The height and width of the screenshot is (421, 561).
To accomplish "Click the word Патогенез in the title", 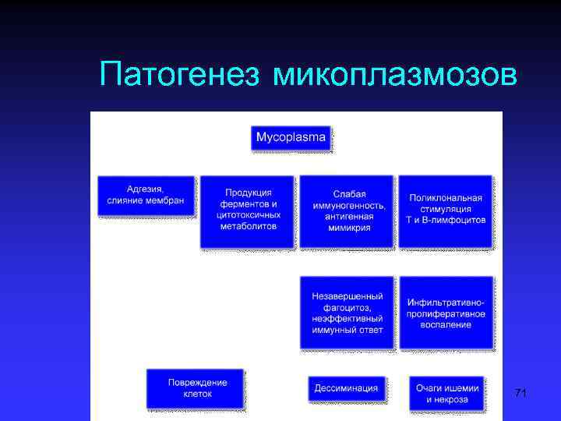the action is (182, 76).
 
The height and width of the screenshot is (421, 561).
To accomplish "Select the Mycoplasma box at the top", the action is (291, 137).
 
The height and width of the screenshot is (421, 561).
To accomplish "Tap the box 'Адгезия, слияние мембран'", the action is (146, 195).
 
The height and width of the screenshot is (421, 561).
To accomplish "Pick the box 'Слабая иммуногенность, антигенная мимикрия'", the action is (348, 210).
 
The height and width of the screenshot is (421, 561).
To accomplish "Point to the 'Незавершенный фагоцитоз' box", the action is (348, 312).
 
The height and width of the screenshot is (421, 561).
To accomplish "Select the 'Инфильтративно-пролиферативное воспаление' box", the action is (446, 312).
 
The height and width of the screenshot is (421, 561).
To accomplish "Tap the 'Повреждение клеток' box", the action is (196, 387).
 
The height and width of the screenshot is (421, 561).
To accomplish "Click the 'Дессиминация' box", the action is (347, 387).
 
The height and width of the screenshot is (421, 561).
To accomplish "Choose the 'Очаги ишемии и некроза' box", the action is (446, 394).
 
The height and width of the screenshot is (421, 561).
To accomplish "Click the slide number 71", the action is (520, 394).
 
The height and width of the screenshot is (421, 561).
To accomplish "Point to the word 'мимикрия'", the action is (348, 228).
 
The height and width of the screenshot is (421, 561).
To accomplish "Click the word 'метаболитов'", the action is (248, 225).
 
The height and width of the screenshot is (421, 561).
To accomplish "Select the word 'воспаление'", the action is (446, 324).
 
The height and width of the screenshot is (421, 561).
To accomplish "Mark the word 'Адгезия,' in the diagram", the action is (145, 189).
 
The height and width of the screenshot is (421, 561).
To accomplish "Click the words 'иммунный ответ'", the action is (348, 330).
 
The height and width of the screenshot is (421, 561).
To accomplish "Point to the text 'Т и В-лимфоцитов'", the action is (446, 220).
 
